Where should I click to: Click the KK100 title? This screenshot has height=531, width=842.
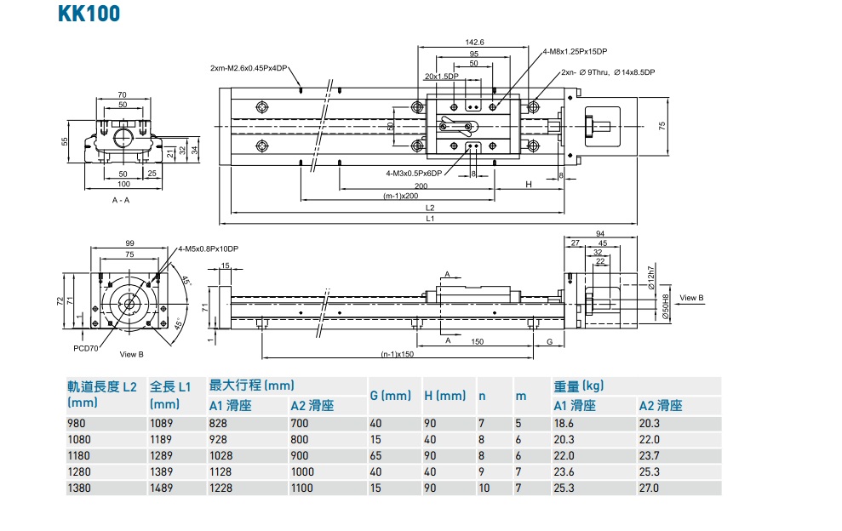pos(89,14)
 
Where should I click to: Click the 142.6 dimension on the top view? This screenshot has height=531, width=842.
pos(474,42)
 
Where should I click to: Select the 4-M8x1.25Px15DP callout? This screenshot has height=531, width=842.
pos(575,52)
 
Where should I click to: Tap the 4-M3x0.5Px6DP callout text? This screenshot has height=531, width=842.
pos(414,173)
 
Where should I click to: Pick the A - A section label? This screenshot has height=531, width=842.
pos(121,200)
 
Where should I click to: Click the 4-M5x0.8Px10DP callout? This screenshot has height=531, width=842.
pos(208,248)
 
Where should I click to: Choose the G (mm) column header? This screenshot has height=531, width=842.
pos(390,396)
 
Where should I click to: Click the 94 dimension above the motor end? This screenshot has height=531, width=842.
pos(599,233)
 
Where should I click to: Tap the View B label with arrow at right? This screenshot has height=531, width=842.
pos(691,298)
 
